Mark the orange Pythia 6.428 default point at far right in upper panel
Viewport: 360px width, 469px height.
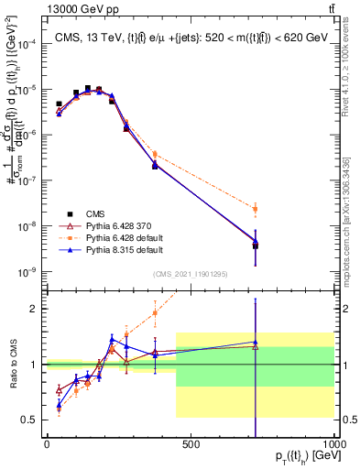click(x=256, y=210)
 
